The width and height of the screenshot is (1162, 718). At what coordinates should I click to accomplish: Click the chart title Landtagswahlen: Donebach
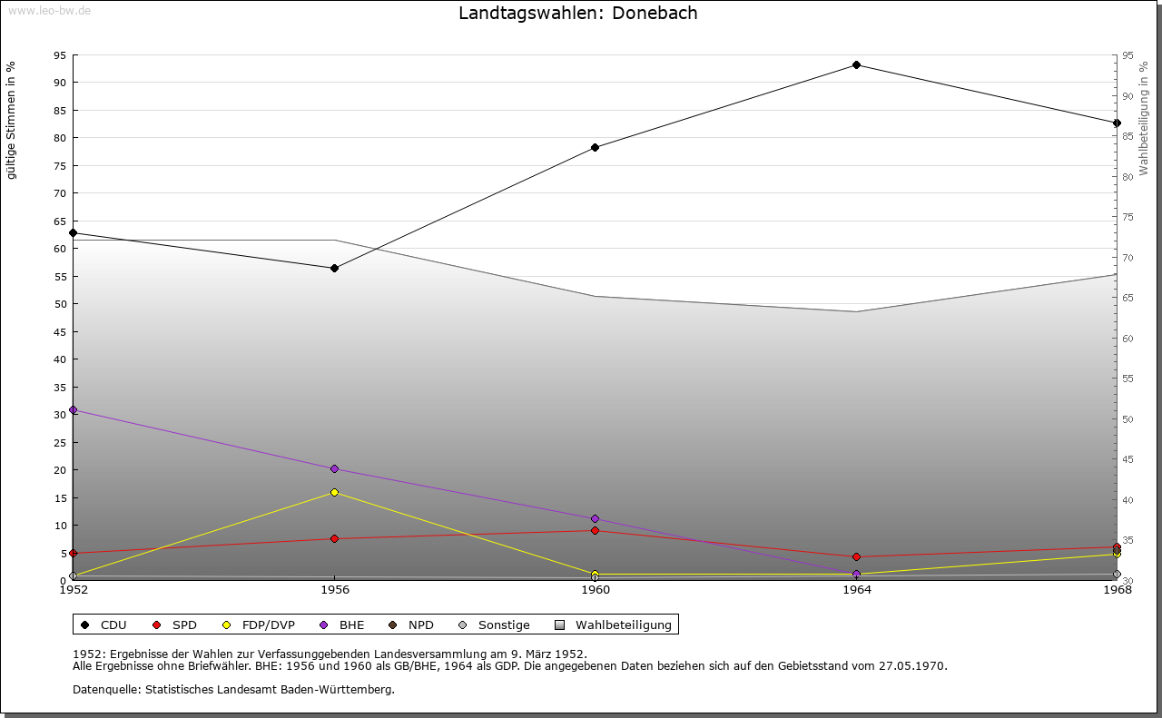coord(577,14)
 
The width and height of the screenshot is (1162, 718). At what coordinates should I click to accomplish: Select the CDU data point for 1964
coord(856,65)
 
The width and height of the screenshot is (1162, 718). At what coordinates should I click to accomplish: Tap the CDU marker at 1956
coord(334,268)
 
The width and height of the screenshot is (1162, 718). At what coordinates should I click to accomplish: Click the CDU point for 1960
coord(596,147)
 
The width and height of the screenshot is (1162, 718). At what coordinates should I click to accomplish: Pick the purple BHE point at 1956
coord(334,469)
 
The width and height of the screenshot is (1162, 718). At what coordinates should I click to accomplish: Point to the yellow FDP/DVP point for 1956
coord(334,492)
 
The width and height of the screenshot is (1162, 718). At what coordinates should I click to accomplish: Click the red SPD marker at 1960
coord(596,530)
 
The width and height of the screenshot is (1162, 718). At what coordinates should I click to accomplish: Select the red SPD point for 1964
coord(856,556)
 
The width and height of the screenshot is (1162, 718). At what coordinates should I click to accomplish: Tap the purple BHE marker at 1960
coord(596,518)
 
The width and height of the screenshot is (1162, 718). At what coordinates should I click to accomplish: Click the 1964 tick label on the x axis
coord(856,590)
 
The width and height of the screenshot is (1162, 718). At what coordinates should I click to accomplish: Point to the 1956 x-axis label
coord(334,590)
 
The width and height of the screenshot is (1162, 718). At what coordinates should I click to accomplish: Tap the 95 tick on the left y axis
coord(59,55)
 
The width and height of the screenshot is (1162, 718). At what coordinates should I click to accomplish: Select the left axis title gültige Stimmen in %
coord(12,120)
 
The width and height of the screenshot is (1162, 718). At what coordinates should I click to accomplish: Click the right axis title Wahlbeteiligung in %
coord(1144,119)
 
